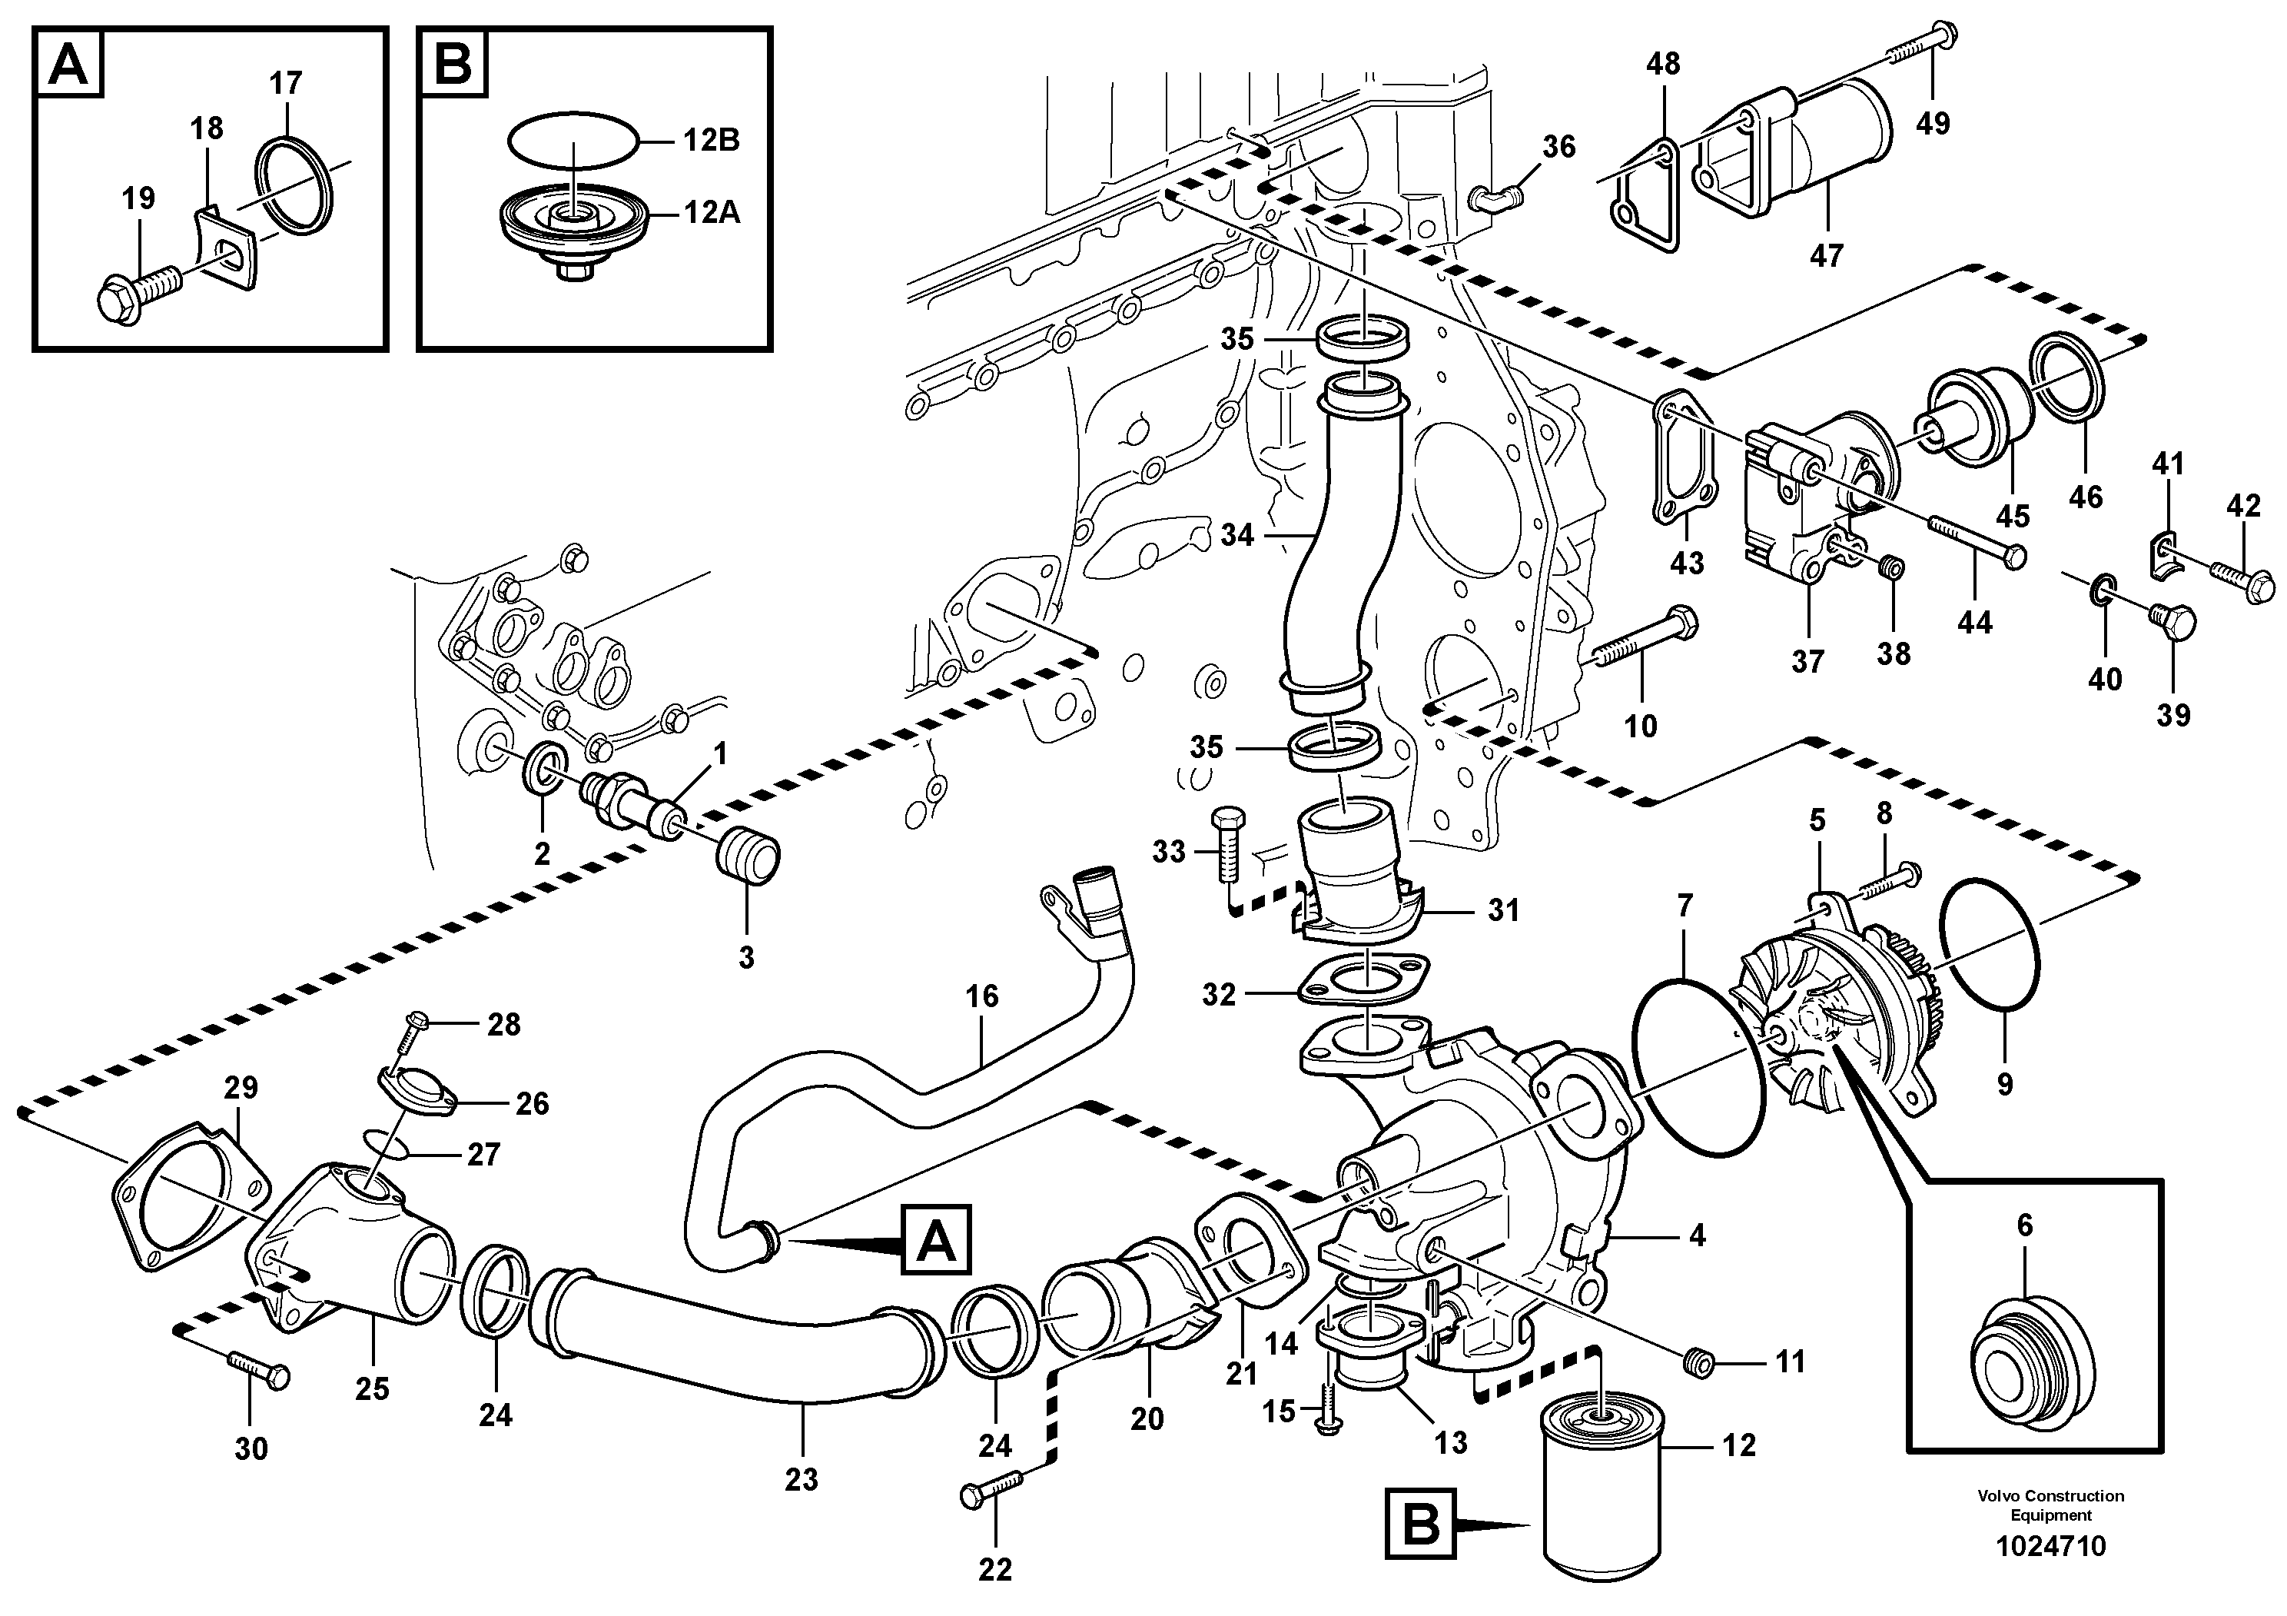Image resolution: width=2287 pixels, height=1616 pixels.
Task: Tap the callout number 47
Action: click(1826, 256)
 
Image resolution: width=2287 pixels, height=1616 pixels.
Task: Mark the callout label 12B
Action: click(711, 141)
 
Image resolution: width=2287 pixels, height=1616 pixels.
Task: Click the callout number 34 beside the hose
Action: click(1236, 535)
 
